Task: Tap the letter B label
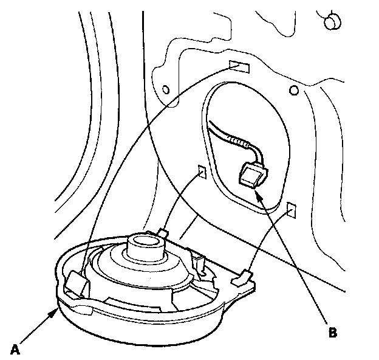click(x=332, y=333)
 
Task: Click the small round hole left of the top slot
click(x=165, y=91)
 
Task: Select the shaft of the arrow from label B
click(x=295, y=261)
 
